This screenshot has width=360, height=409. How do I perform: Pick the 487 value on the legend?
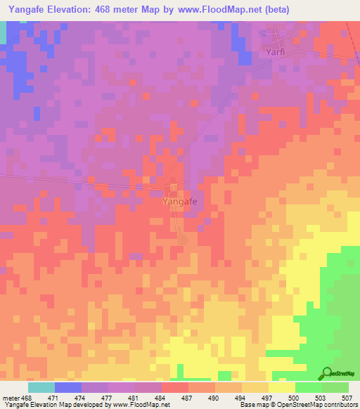188,398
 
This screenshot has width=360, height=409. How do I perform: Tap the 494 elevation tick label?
241,398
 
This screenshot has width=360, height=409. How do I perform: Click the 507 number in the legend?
348,398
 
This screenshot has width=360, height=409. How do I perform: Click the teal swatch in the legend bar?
41,387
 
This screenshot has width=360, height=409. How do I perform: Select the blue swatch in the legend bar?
68,387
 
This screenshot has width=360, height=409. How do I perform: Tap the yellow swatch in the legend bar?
282,387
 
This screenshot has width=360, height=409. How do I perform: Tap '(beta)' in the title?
274,9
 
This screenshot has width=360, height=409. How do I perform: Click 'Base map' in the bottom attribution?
253,405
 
